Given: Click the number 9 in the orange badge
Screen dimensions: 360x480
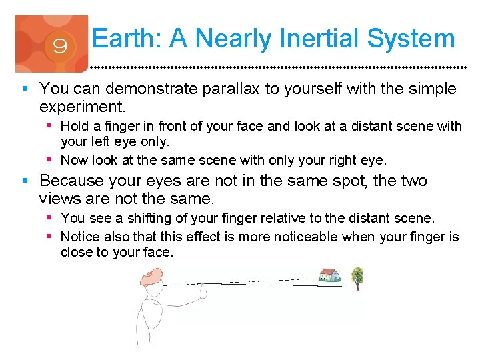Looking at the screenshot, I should pos(59,47).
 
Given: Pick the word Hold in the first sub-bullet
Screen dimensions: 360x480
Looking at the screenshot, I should pos(75,125).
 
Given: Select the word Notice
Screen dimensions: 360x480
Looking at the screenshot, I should pos(79,237).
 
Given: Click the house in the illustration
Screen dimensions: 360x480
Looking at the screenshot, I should pos(329,275).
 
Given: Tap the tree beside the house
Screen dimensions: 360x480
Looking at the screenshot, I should pos(357,276).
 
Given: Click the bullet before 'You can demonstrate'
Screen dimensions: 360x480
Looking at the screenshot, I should pos(25,89).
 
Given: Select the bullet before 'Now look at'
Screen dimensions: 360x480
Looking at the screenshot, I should pos(51,160).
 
